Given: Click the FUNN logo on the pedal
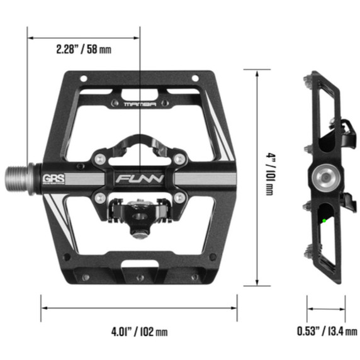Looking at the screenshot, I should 139,178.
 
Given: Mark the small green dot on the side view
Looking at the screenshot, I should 324,220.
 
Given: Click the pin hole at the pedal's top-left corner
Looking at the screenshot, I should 81,78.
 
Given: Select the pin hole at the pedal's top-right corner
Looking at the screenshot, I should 196,78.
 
